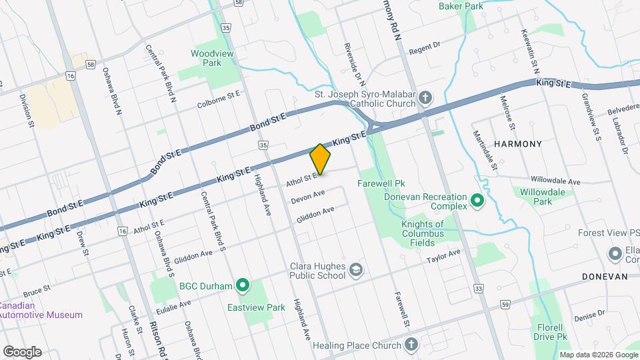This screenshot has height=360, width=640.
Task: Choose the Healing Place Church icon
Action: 411,345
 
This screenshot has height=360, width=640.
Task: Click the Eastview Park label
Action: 256,307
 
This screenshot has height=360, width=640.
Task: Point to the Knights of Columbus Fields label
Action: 431,229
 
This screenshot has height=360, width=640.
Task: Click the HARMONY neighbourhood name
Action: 517,144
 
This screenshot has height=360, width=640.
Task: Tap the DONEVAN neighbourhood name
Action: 605,276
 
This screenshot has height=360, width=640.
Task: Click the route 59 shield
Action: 505,305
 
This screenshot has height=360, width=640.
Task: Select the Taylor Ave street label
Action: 444,255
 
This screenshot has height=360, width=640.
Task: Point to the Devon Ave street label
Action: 307,196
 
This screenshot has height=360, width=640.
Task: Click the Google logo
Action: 22,351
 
